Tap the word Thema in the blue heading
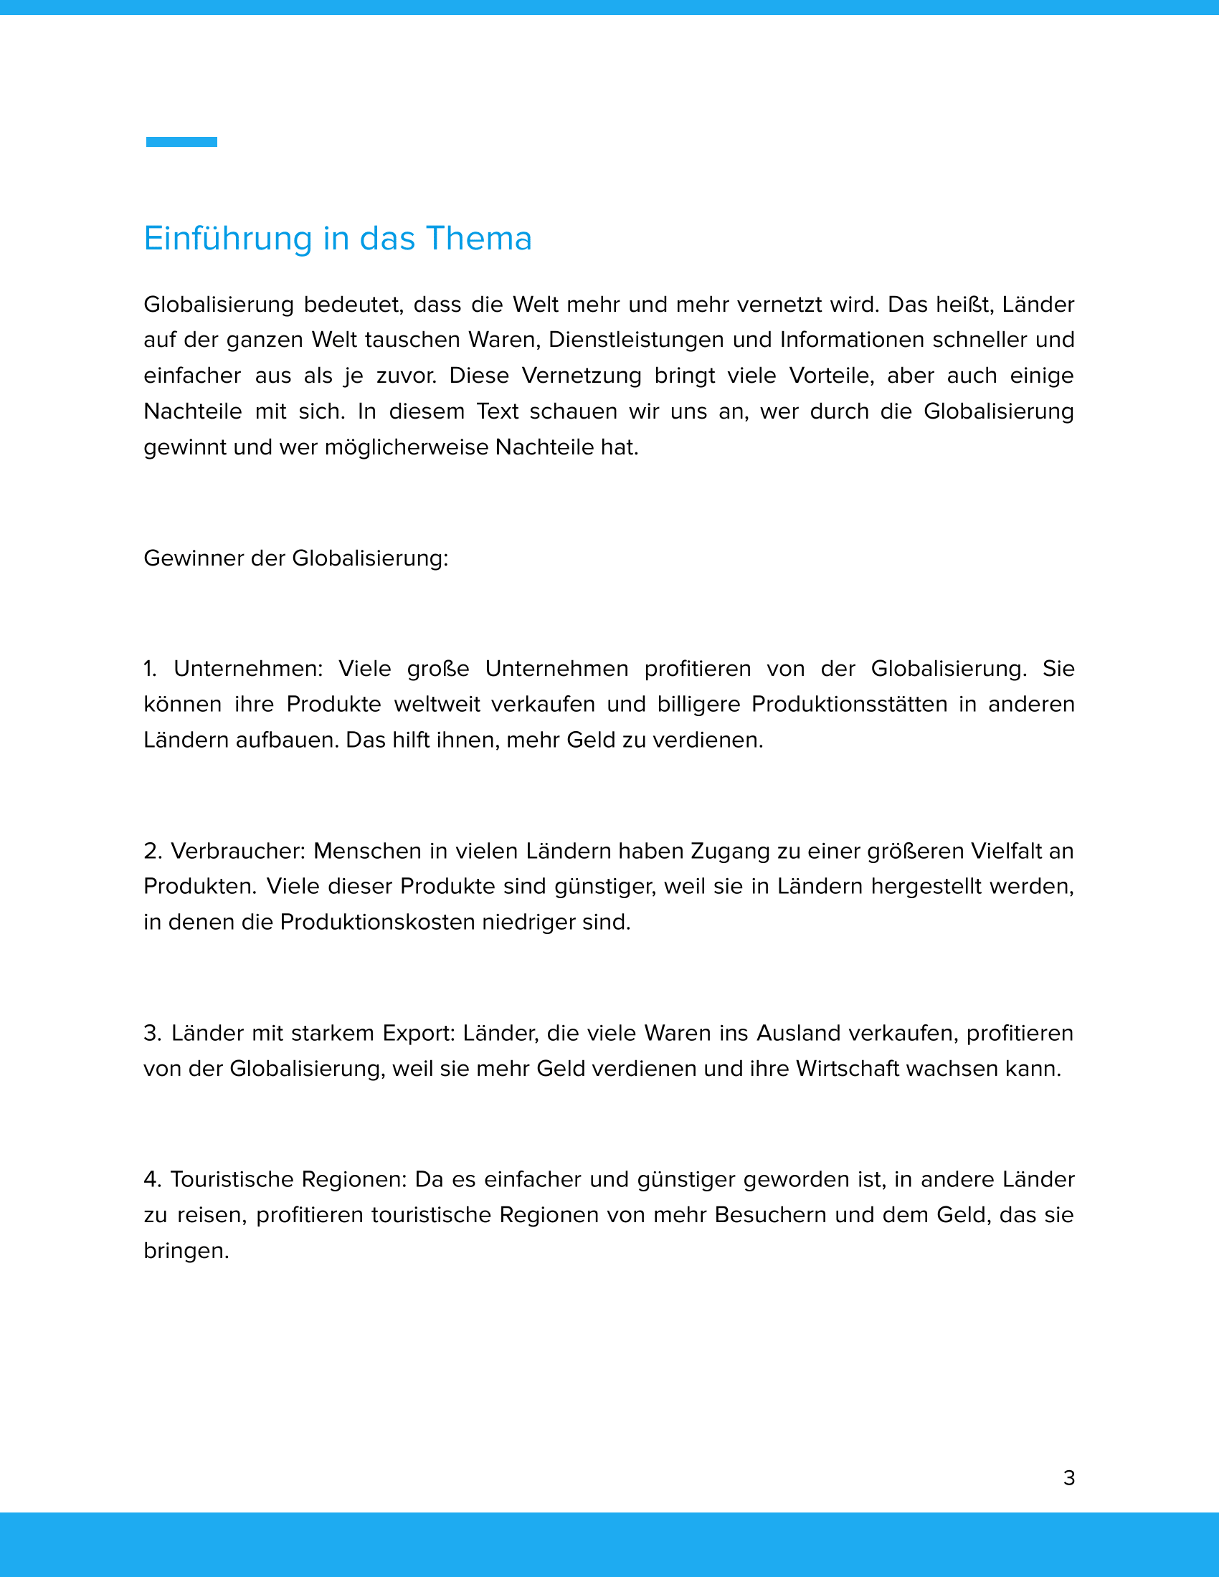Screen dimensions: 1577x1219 pos(478,238)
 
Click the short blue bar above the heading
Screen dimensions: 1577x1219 pos(181,141)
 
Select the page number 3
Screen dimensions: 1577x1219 pos(1069,1478)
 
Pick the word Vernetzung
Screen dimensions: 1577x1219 pos(582,376)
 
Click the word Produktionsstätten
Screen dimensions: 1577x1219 pos(849,704)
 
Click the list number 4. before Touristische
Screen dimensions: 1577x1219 pos(151,1179)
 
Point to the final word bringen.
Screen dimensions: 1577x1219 pos(186,1252)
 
